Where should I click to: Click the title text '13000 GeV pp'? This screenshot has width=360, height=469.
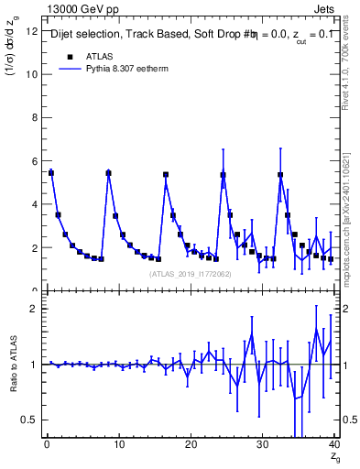point(77,8)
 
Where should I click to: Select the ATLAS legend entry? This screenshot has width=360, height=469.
point(95,56)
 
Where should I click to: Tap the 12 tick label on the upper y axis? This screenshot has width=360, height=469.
point(32,31)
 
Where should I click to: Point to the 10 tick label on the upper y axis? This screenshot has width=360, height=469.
point(32,74)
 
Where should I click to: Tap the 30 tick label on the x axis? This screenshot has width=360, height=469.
point(262,446)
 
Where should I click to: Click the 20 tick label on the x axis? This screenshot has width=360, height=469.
point(190,446)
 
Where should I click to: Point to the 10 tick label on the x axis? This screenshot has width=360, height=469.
point(118,446)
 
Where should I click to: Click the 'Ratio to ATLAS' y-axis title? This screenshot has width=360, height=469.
point(12,365)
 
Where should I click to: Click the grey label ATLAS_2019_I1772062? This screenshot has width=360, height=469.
point(191,274)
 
